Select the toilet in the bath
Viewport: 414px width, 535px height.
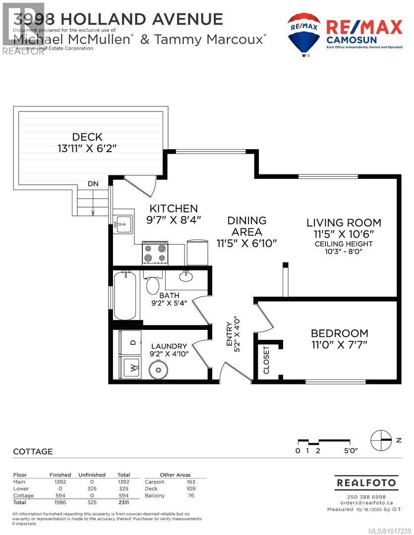pyautogui.click(x=152, y=284)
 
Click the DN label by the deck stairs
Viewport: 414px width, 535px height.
pyautogui.click(x=93, y=184)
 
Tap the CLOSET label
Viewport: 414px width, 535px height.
pyautogui.click(x=267, y=360)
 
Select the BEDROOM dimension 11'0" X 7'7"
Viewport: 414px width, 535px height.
pyautogui.click(x=339, y=345)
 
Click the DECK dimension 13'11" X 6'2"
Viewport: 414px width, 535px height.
pyautogui.click(x=87, y=148)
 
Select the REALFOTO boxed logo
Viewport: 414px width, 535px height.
pyautogui.click(x=366, y=482)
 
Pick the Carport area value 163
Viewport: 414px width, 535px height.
pyautogui.click(x=190, y=481)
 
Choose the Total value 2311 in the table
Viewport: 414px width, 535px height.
pyautogui.click(x=123, y=502)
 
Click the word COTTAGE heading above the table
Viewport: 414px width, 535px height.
pyautogui.click(x=33, y=452)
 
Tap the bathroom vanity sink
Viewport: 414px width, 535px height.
pyautogui.click(x=186, y=275)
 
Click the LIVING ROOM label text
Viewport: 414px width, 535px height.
pyautogui.click(x=343, y=223)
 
